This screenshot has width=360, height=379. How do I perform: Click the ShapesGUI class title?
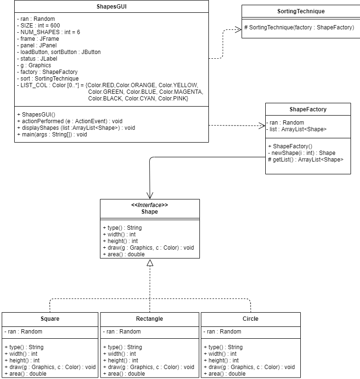pyautogui.click(x=111, y=7)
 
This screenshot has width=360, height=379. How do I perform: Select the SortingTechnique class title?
pyautogui.click(x=301, y=11)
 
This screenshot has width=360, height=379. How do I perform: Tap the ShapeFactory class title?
pyautogui.click(x=308, y=109)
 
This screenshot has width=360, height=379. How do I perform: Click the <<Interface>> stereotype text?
pyautogui.click(x=150, y=205)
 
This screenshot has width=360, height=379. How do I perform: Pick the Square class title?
pyautogui.click(x=50, y=319)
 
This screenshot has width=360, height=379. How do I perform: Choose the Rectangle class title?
pyautogui.click(x=150, y=319)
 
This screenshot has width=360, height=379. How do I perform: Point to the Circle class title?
pyautogui.click(x=251, y=319)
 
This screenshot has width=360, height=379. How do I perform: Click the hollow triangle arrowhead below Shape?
pyautogui.click(x=150, y=263)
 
